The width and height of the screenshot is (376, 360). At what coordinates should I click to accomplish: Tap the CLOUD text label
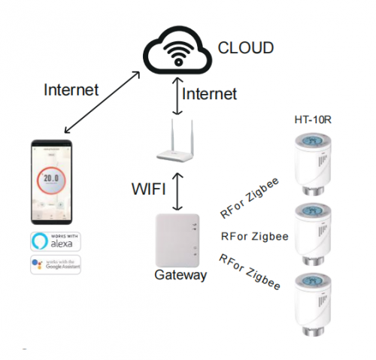click(x=246, y=49)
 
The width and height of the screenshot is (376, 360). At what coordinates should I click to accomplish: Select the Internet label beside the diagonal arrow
click(x=71, y=90)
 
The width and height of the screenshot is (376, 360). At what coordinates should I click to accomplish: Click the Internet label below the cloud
click(x=210, y=94)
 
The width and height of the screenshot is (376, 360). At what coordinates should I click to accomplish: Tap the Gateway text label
click(x=180, y=276)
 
